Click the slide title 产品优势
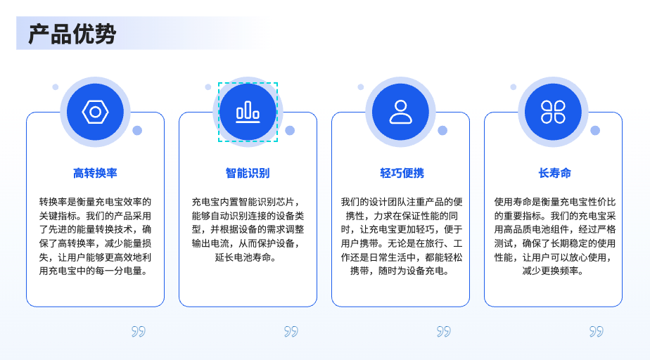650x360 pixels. (72, 34)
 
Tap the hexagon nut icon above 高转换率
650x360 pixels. (96, 112)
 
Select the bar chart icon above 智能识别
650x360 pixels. (248, 112)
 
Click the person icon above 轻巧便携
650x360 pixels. (400, 112)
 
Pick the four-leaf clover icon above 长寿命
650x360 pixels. (553, 112)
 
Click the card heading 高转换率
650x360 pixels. (96, 173)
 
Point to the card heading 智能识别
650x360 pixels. (248, 173)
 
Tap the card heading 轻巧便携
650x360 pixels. (402, 173)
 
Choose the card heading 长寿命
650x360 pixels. (554, 173)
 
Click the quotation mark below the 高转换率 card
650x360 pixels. (139, 331)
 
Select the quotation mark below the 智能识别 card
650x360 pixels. (291, 331)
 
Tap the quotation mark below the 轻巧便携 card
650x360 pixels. (444, 331)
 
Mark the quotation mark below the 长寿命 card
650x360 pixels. (596, 331)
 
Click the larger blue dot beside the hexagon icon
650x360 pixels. (137, 131)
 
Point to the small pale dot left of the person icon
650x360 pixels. (361, 87)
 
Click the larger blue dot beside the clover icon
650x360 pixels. (595, 131)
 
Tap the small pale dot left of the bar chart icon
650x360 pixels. (208, 87)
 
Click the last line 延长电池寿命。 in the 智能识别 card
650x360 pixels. (246, 257)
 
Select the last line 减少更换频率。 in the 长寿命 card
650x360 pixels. (553, 271)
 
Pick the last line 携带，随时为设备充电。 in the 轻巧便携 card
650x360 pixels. (400, 271)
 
